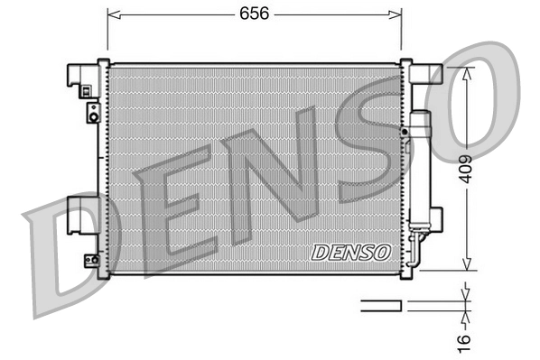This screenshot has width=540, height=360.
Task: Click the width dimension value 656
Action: [254, 14]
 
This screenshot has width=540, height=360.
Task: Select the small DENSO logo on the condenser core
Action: [350, 252]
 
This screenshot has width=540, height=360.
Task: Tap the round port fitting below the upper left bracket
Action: [92, 113]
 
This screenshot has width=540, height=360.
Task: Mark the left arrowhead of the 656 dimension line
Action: [112, 14]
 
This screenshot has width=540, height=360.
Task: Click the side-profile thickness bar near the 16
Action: [381, 305]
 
